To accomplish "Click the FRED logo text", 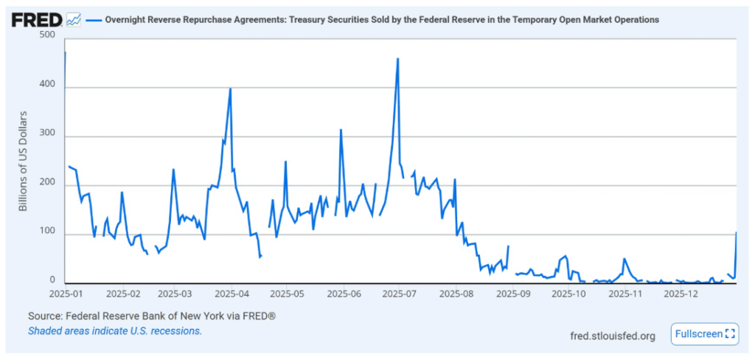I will (x=36, y=19).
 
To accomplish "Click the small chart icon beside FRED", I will (x=74, y=20).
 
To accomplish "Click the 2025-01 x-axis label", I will (x=68, y=294).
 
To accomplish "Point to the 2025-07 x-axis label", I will (x=399, y=294).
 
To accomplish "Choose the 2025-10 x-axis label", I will (x=568, y=294).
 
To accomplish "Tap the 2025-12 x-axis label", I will (x=681, y=294).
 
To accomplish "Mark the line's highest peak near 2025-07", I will (x=398, y=59).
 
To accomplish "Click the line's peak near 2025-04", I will (x=231, y=89).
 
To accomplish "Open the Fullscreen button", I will (x=704, y=334).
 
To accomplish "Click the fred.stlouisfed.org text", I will (x=613, y=336).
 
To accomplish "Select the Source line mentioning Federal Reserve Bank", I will (x=151, y=316).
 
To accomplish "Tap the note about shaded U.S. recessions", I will (x=114, y=330).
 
